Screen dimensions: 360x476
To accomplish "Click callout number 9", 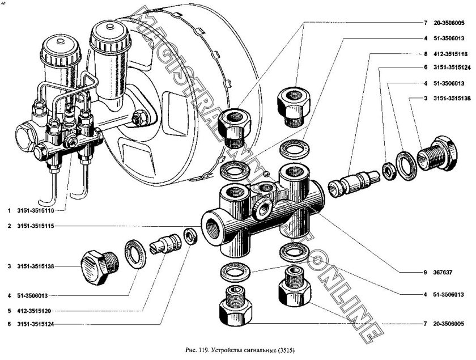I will (423, 272).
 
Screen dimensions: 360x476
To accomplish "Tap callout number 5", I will (9, 310).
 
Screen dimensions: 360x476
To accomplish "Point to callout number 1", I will (9, 211).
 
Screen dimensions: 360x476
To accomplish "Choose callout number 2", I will (9, 226).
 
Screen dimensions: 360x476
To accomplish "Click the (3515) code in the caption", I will (286, 349).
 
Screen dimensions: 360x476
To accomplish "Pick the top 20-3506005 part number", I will (452, 23).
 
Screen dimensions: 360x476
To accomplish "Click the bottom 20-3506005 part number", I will (452, 324).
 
